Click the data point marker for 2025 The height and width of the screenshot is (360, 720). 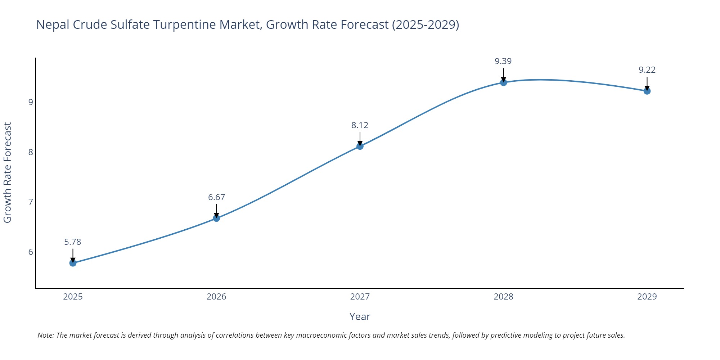click(73, 263)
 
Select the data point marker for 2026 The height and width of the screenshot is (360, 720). click(216, 218)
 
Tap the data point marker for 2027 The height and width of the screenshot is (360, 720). click(360, 146)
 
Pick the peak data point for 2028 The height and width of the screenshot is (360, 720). click(503, 82)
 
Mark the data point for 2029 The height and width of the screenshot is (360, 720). click(647, 91)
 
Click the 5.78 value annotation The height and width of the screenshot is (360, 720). click(73, 242)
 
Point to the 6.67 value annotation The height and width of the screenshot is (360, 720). click(216, 197)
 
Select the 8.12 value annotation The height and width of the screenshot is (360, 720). click(360, 125)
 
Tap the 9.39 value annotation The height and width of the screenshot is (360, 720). click(503, 61)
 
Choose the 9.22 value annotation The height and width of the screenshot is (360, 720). click(647, 70)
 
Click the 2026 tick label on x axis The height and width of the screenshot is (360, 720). click(216, 297)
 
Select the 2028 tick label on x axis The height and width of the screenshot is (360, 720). click(503, 297)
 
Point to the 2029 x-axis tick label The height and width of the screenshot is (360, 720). click(647, 297)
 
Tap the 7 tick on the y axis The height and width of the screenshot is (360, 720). click(31, 202)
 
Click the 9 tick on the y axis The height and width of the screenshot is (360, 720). click(31, 102)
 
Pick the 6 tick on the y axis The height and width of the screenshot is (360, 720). click(31, 252)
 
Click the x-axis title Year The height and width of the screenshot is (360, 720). click(360, 316)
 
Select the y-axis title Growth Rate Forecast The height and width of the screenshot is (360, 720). click(8, 172)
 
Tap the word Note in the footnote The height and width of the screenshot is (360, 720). click(45, 335)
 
